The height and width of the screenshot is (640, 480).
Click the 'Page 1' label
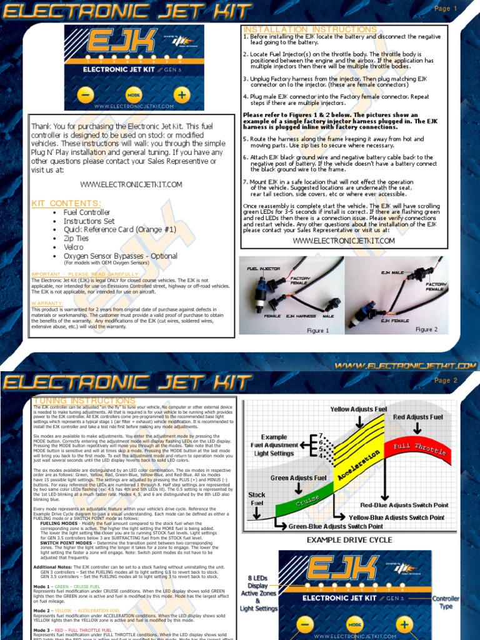446,9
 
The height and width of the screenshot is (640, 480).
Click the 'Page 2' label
446,380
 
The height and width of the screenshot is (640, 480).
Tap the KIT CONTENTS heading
66,203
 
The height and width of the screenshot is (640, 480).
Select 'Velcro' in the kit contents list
73,247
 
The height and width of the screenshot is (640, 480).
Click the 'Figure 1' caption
317,330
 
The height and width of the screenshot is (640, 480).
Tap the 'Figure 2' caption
427,329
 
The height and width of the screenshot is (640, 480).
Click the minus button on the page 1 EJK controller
86,95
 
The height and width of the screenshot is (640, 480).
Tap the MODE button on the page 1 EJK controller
134,95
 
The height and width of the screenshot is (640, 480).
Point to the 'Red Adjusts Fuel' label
417,417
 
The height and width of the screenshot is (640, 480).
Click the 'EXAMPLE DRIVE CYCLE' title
350,539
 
